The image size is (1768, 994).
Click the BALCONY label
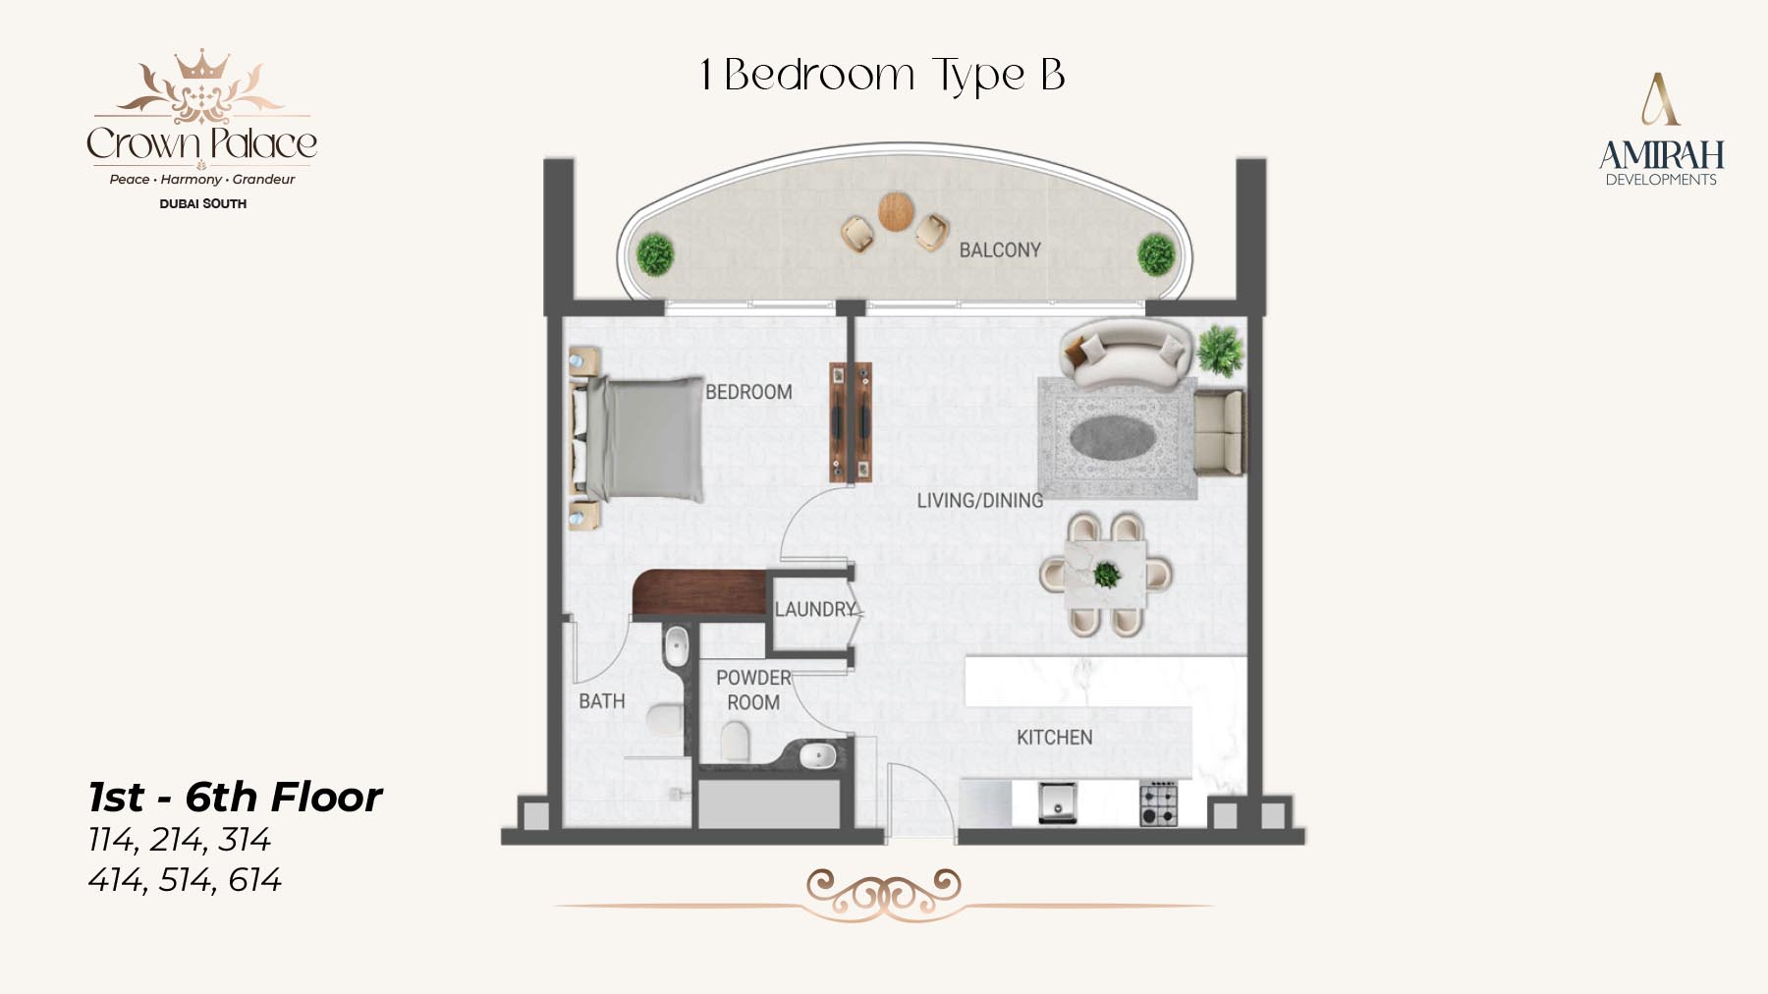pyautogui.click(x=1000, y=250)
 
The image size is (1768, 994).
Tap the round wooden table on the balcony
pyautogui.click(x=896, y=211)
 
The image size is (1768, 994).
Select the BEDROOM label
pyautogui.click(x=748, y=392)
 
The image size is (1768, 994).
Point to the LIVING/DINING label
pyautogui.click(x=980, y=501)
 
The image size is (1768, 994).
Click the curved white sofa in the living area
pyautogui.click(x=1126, y=352)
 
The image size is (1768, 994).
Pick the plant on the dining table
pyautogui.click(x=1107, y=574)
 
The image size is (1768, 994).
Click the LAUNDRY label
pyautogui.click(x=816, y=609)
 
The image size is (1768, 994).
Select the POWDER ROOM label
pyautogui.click(x=753, y=690)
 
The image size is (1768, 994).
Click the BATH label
pyautogui.click(x=602, y=701)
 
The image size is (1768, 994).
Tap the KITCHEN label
pyautogui.click(x=1054, y=738)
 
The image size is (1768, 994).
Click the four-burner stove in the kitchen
pyautogui.click(x=1158, y=803)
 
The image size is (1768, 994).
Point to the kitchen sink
pyautogui.click(x=1058, y=802)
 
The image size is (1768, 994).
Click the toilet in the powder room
pyautogui.click(x=736, y=742)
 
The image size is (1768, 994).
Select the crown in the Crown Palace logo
pyautogui.click(x=201, y=65)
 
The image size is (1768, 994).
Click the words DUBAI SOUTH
pyautogui.click(x=203, y=204)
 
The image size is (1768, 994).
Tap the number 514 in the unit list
pyautogui.click(x=185, y=880)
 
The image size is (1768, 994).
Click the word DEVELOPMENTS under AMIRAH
pyautogui.click(x=1661, y=180)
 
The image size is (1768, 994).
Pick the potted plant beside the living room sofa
pyautogui.click(x=1220, y=351)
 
